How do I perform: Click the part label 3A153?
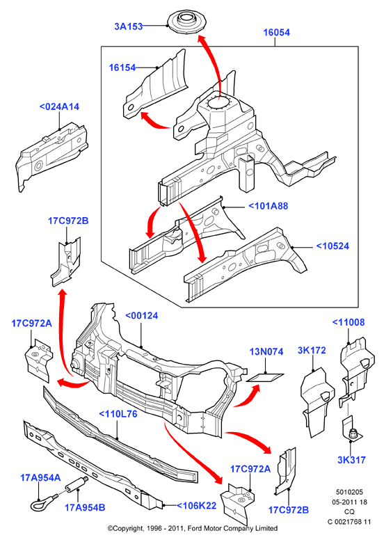pos(128,26)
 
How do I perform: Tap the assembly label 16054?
pos(276,33)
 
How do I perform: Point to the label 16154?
pos(122,67)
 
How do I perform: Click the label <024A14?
pos(59,107)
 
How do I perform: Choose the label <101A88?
pos(269,206)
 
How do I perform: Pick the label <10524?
pos(333,246)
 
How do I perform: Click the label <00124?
pos(142,316)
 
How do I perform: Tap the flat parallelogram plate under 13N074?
pos(265,378)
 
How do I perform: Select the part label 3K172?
pos(312,350)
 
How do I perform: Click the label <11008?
pos(349,322)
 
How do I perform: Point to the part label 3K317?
pos(351,460)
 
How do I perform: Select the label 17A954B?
pos(85,507)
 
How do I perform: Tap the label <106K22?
pos(196,505)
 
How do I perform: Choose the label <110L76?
pos(118,414)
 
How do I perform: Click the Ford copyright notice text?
pos(192,528)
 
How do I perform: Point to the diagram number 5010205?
pos(349,492)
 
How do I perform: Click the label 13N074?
pos(266,351)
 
